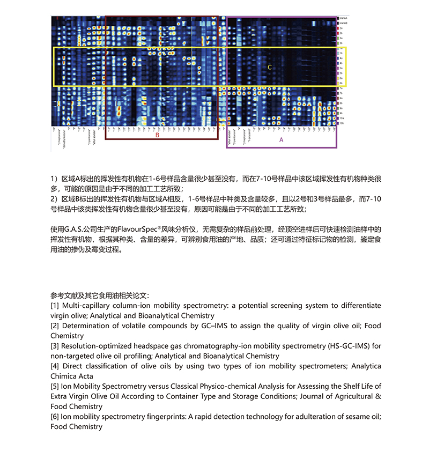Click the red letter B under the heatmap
pyautogui.click(x=158, y=136)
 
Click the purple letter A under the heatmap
pyautogui.click(x=281, y=139)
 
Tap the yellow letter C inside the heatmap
pyautogui.click(x=270, y=67)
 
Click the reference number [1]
pyautogui.click(x=55, y=305)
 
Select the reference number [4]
pyautogui.click(x=55, y=366)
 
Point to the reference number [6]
pyautogui.click(x=55, y=417)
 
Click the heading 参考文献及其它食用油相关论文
pyautogui.click(x=100, y=295)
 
